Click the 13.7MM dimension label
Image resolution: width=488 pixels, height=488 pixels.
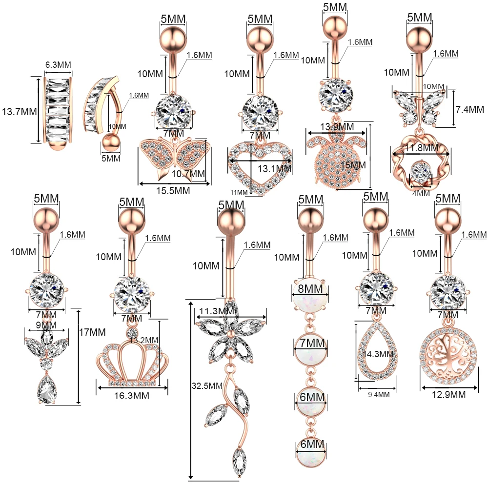(19, 111)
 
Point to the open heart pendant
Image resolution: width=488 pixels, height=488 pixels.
(260, 166)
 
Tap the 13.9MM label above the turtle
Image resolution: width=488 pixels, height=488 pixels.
(337, 127)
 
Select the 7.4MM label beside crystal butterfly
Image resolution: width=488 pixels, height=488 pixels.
(469, 109)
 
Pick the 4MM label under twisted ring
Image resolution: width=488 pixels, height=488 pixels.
(421, 193)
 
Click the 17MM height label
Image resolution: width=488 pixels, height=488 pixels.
(92, 332)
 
